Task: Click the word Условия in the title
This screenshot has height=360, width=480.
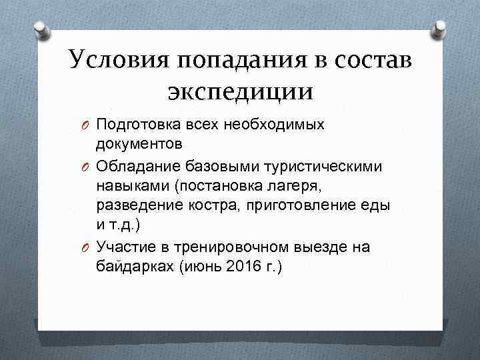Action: [x=119, y=61]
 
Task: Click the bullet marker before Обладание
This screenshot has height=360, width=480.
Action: [x=86, y=166]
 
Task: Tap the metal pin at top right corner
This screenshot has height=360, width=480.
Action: [x=439, y=28]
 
